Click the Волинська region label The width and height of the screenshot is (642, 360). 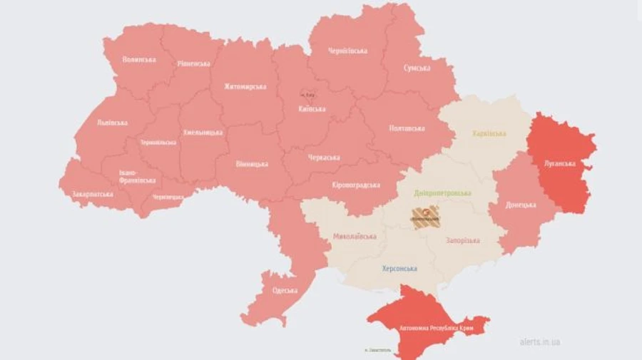pyautogui.click(x=138, y=59)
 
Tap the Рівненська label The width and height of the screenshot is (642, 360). pyautogui.click(x=193, y=63)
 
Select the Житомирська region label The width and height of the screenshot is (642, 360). pyautogui.click(x=245, y=87)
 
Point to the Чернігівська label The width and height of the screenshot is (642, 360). pyautogui.click(x=347, y=51)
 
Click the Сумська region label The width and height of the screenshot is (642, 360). pyautogui.click(x=417, y=68)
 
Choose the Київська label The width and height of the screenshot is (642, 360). pyautogui.click(x=312, y=109)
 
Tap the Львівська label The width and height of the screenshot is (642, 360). pyautogui.click(x=112, y=123)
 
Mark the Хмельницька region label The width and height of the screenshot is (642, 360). pyautogui.click(x=203, y=133)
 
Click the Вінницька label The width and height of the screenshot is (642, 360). pyautogui.click(x=252, y=164)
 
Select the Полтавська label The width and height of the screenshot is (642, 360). pyautogui.click(x=407, y=128)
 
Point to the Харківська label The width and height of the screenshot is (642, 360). pyautogui.click(x=489, y=133)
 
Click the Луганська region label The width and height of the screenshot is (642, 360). pyautogui.click(x=559, y=163)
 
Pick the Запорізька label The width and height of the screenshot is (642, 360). pyautogui.click(x=462, y=241)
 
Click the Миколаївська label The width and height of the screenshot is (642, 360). pyautogui.click(x=355, y=236)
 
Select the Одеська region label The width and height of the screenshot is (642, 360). pyautogui.click(x=285, y=291)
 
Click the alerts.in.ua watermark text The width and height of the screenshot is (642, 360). pyautogui.click(x=539, y=342)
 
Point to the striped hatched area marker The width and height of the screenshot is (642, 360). pyautogui.click(x=424, y=217)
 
